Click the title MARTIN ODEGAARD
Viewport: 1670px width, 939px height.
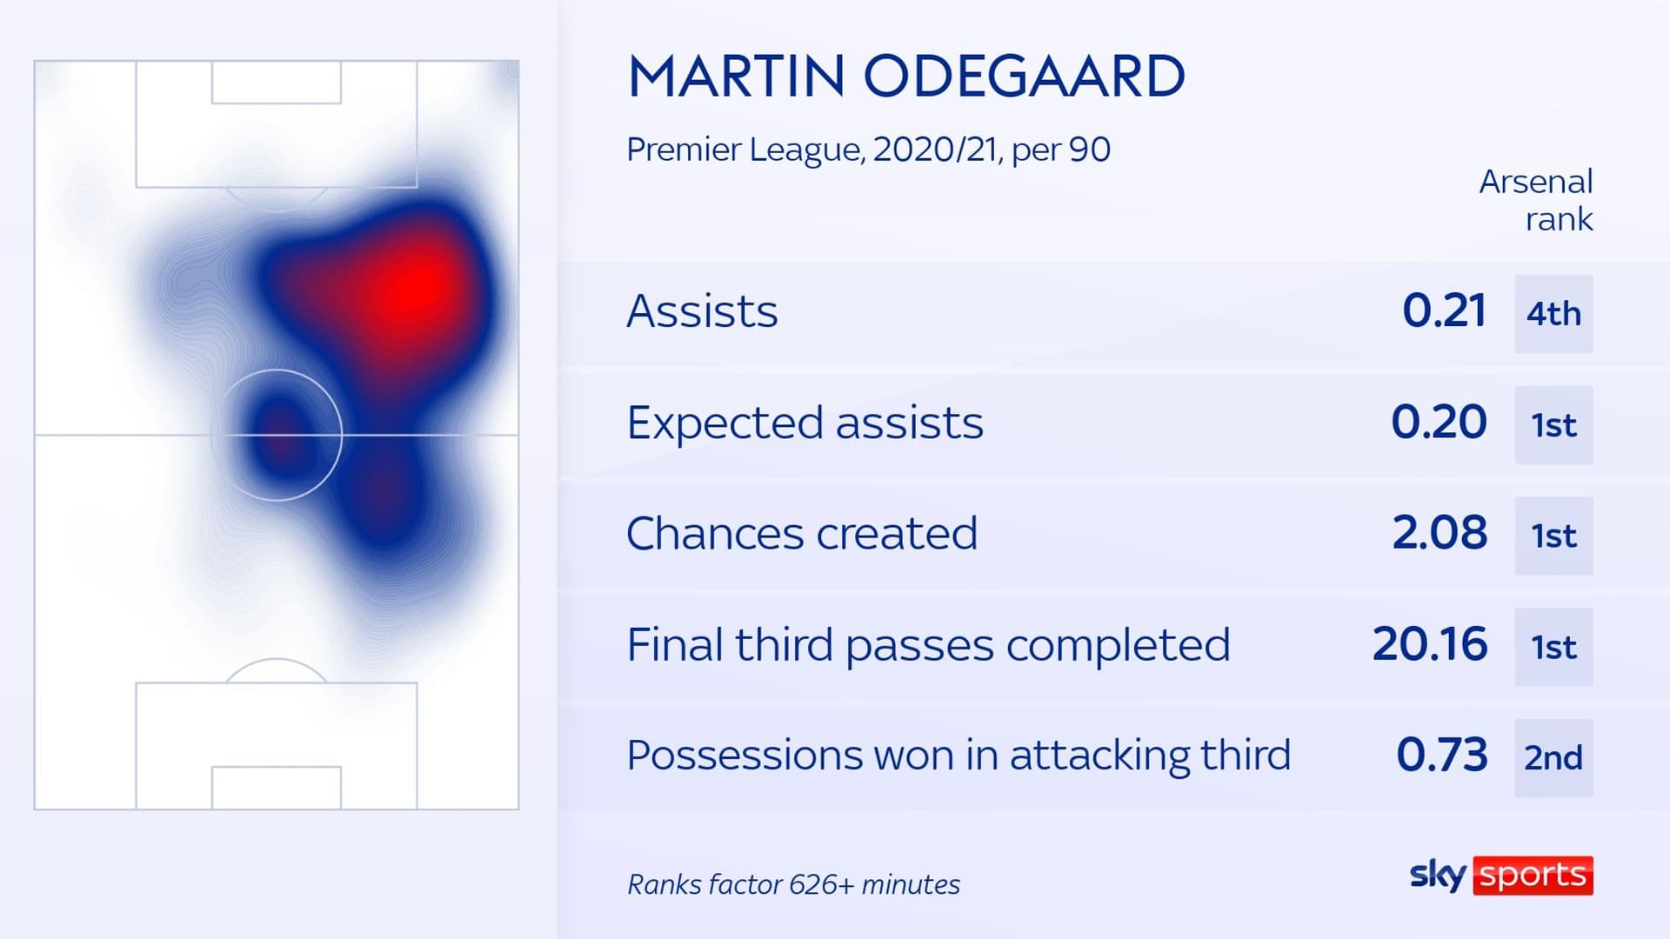(905, 76)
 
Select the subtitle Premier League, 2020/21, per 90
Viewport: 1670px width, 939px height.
(868, 150)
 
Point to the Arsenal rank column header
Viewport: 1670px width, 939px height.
(1536, 200)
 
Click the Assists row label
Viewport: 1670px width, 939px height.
(702, 311)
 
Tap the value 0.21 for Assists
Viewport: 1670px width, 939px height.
(1444, 310)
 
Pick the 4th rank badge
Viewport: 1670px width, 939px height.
(1553, 314)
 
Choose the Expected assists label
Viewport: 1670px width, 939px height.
(805, 423)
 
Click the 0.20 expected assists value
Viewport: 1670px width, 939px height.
(1439, 422)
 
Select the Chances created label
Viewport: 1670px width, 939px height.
(802, 533)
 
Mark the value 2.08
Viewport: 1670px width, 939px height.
(1440, 532)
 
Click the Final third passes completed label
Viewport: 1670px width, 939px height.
(928, 645)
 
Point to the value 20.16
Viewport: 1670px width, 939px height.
(1430, 643)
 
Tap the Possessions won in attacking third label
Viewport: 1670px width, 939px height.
(959, 755)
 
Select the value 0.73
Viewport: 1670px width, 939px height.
(1441, 755)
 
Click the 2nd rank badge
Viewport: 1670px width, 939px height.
(1553, 758)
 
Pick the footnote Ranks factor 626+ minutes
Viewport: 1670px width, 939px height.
(793, 884)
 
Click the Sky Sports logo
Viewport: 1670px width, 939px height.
(1501, 876)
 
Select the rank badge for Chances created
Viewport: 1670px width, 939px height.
(1553, 536)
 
